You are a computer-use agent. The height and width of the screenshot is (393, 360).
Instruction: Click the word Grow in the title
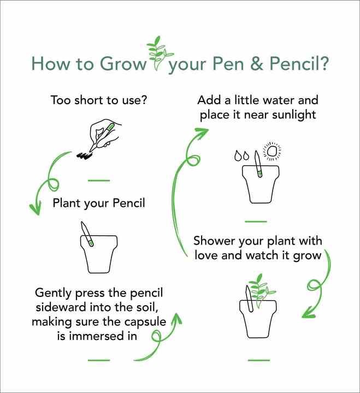click(123, 64)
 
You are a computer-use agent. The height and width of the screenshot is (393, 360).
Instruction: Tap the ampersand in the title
click(257, 63)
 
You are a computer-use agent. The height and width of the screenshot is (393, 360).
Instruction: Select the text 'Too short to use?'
click(99, 100)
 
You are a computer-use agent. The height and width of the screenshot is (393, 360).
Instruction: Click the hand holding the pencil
click(105, 134)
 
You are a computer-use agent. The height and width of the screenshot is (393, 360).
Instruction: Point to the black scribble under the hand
click(84, 156)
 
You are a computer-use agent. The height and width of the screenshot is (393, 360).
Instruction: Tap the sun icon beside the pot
click(272, 151)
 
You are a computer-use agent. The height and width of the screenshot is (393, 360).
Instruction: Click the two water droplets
click(241, 156)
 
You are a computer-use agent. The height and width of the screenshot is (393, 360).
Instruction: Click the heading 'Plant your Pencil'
click(99, 203)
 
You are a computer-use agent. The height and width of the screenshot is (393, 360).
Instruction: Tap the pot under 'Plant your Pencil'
click(99, 254)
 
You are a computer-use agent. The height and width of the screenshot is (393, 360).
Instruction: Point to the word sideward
click(61, 307)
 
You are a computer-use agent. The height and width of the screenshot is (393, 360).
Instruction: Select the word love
click(206, 255)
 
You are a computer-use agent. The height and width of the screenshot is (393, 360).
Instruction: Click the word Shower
click(215, 241)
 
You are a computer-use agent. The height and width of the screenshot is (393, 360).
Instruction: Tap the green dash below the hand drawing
click(99, 180)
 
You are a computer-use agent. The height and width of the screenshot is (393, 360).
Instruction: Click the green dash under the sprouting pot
click(259, 360)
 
